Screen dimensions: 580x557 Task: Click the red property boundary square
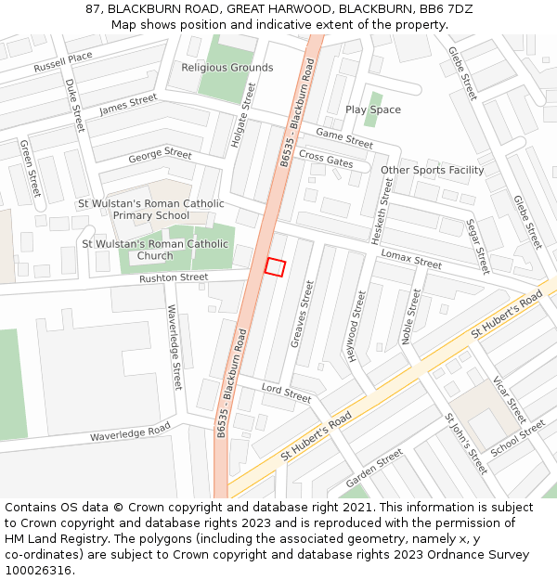coord(274,266)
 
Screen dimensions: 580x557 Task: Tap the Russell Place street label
coord(63,62)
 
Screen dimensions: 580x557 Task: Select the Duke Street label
coord(74,105)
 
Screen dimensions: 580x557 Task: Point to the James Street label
coord(128,105)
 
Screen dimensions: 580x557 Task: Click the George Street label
coord(160,154)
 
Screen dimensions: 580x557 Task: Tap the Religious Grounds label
coord(227,68)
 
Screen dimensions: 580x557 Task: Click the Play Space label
coord(373,110)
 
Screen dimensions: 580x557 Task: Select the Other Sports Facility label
coord(433,170)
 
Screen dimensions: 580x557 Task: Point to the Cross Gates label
coord(326,160)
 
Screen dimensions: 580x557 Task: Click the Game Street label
coord(343,138)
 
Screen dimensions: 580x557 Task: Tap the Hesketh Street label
coord(382,212)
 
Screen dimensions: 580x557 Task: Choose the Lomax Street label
coord(411,258)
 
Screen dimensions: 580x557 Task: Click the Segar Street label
coord(477,246)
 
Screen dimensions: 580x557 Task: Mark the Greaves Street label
coord(303,314)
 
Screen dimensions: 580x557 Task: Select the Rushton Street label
coord(174,277)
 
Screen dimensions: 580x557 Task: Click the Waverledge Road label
coord(130,432)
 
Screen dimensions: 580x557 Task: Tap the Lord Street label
coord(286,393)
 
